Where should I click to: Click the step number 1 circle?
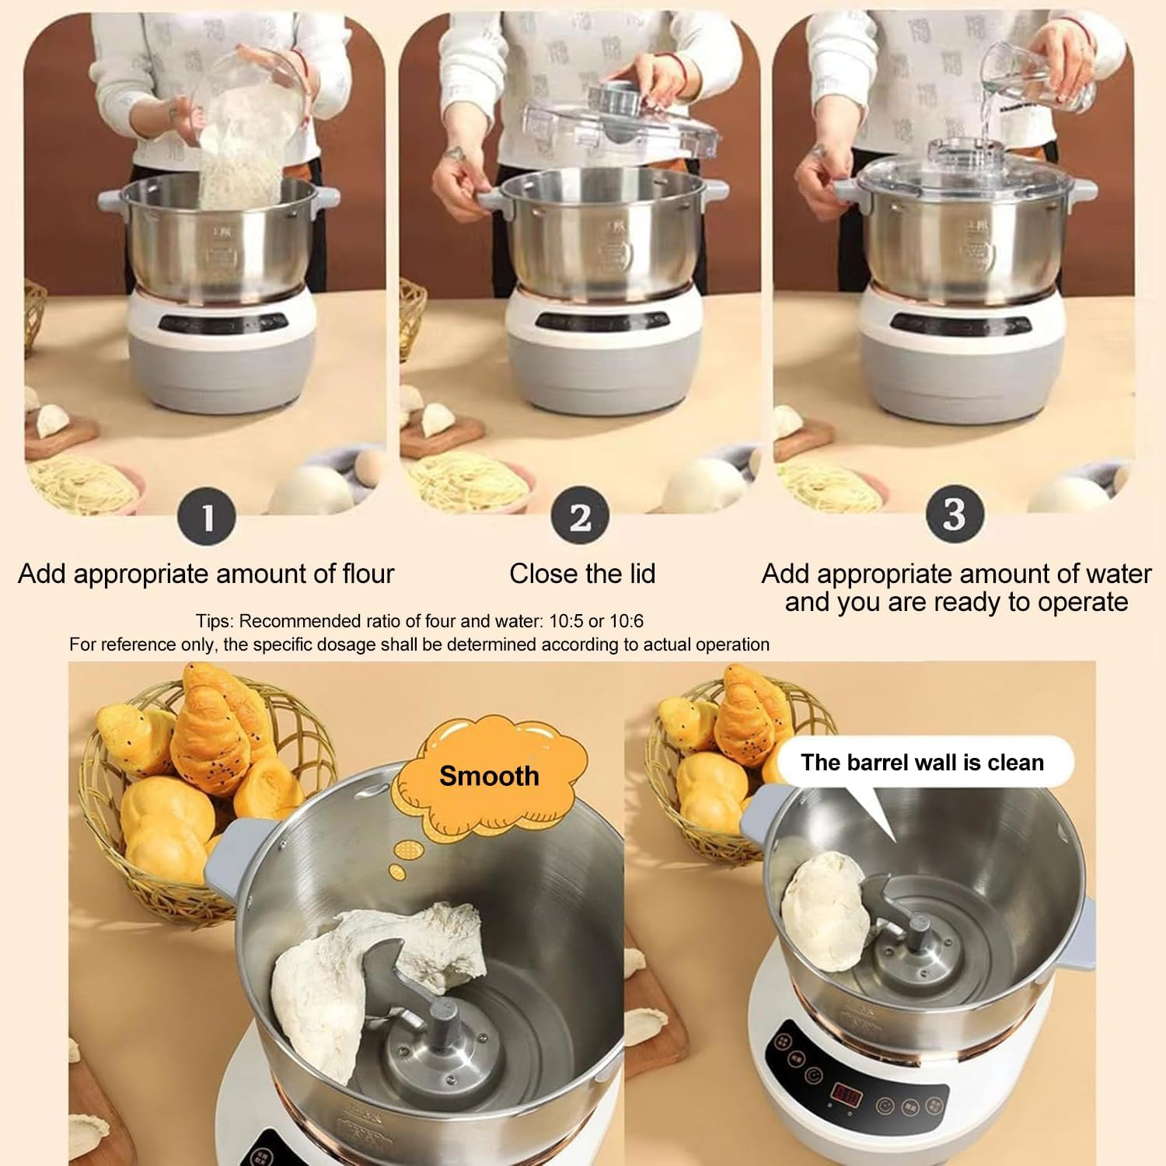(x=207, y=517)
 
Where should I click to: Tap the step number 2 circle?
(x=580, y=517)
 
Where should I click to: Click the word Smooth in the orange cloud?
(x=489, y=776)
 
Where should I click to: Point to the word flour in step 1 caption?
(x=368, y=574)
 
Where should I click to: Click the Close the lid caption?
(x=582, y=574)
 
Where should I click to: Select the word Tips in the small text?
(x=213, y=621)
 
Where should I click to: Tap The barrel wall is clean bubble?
(x=922, y=763)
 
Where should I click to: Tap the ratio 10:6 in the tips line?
(x=624, y=621)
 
